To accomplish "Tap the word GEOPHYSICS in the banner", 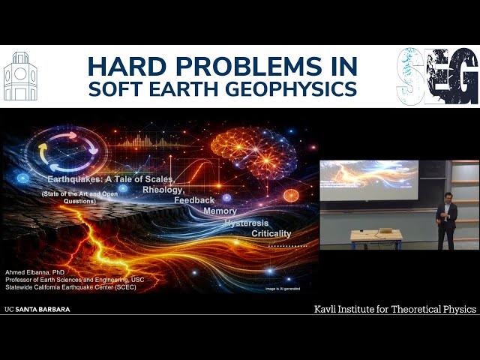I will click(x=303, y=88).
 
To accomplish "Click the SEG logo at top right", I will click(x=437, y=76).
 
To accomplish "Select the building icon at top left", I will click(x=20, y=76).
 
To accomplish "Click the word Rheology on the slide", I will click(x=163, y=190).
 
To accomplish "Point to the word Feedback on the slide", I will click(x=194, y=200).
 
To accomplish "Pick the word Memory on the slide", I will click(x=220, y=211).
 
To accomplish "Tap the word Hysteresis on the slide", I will click(x=247, y=223).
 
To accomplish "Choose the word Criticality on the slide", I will click(x=271, y=234).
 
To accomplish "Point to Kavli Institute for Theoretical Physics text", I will click(x=394, y=310).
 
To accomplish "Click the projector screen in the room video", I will click(x=369, y=179).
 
